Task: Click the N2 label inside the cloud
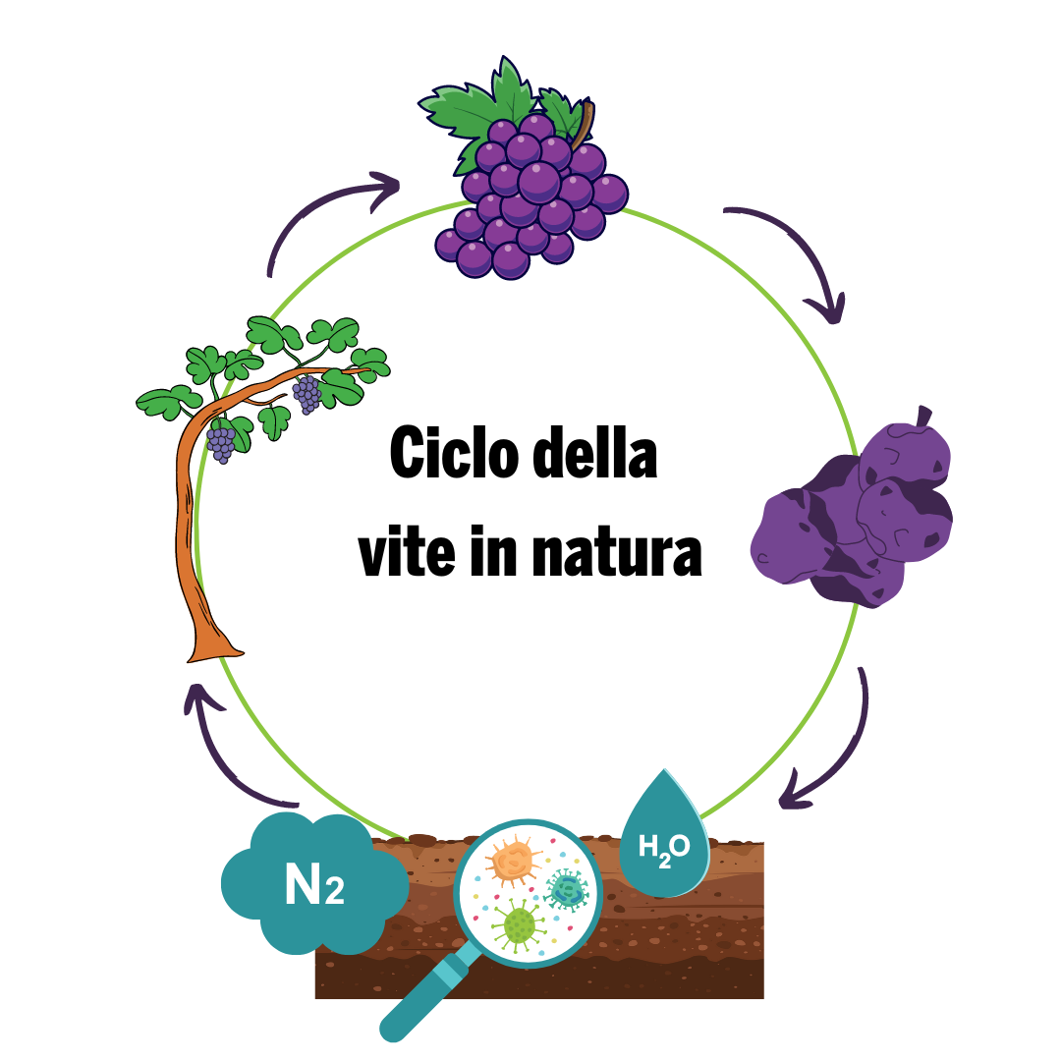tap(314, 884)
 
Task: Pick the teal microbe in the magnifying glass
tap(568, 890)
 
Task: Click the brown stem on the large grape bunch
tap(583, 123)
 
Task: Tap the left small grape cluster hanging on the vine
tap(221, 442)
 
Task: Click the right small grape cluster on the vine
tap(307, 393)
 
